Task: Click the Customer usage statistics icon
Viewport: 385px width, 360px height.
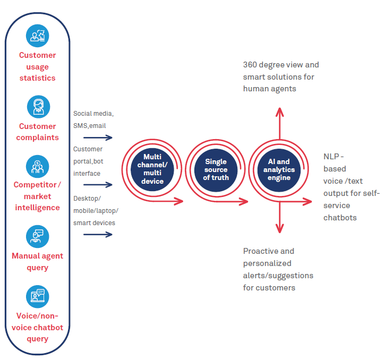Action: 37,35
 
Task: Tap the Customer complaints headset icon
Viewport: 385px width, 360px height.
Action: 37,106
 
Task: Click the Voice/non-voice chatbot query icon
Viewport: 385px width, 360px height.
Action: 37,296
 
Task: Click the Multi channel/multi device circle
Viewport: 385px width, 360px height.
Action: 152,169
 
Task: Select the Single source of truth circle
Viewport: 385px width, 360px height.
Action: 215,169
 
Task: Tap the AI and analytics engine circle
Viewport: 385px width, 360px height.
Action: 279,169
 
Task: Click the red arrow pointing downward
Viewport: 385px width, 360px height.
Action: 279,220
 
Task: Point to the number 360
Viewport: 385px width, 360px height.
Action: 251,65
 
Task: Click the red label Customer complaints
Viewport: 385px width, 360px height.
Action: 37,132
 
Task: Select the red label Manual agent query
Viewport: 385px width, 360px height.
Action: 37,261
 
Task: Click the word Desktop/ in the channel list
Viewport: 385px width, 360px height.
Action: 87,198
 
